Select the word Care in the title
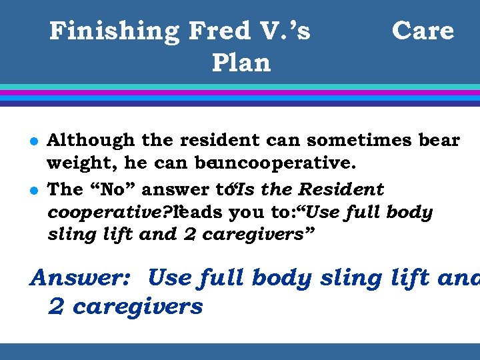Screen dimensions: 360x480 (x=423, y=31)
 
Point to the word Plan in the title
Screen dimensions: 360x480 (x=241, y=63)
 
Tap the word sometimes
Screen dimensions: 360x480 (x=361, y=141)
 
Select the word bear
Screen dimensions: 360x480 (x=439, y=141)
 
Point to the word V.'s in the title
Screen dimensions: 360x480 (x=284, y=31)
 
